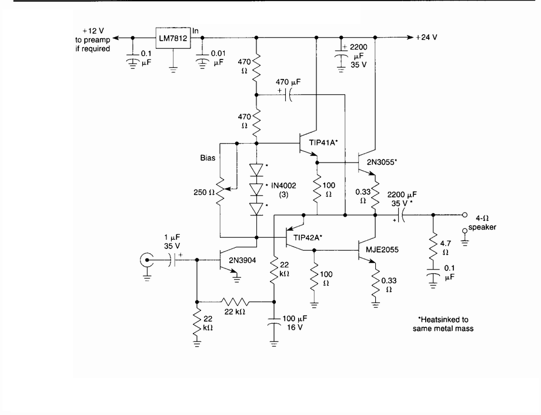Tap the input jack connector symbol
click(x=145, y=260)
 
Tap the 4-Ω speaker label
click(x=489, y=220)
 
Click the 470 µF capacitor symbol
click(x=289, y=96)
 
